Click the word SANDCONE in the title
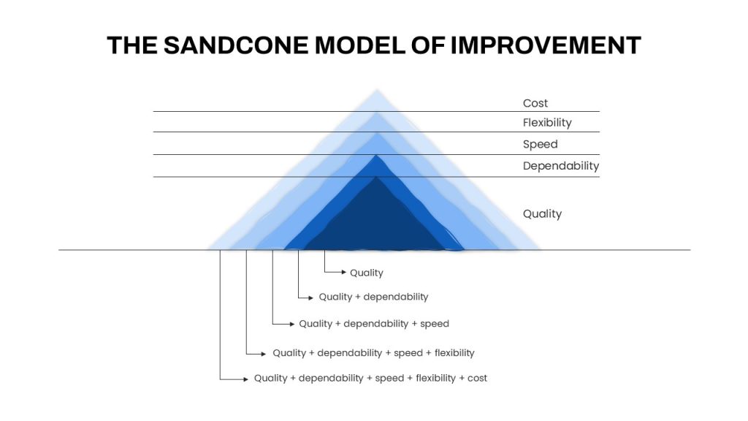tap(236, 45)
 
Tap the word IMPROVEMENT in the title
tap(546, 45)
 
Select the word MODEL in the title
tap(360, 45)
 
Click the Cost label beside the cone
tap(535, 103)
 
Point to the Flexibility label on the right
tap(547, 123)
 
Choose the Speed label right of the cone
tap(540, 144)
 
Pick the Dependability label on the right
tap(561, 166)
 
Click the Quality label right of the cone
tap(543, 214)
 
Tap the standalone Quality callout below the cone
tap(367, 273)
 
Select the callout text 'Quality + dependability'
tap(373, 297)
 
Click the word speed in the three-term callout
tap(435, 324)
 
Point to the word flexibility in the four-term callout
tap(454, 353)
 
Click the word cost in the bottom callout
tap(477, 378)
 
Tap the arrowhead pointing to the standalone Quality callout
tap(344, 272)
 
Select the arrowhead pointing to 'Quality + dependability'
tap(310, 298)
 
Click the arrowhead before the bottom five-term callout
tap(245, 379)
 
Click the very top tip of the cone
tap(377, 89)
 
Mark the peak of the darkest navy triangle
tap(376, 177)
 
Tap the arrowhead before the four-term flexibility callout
tap(263, 354)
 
